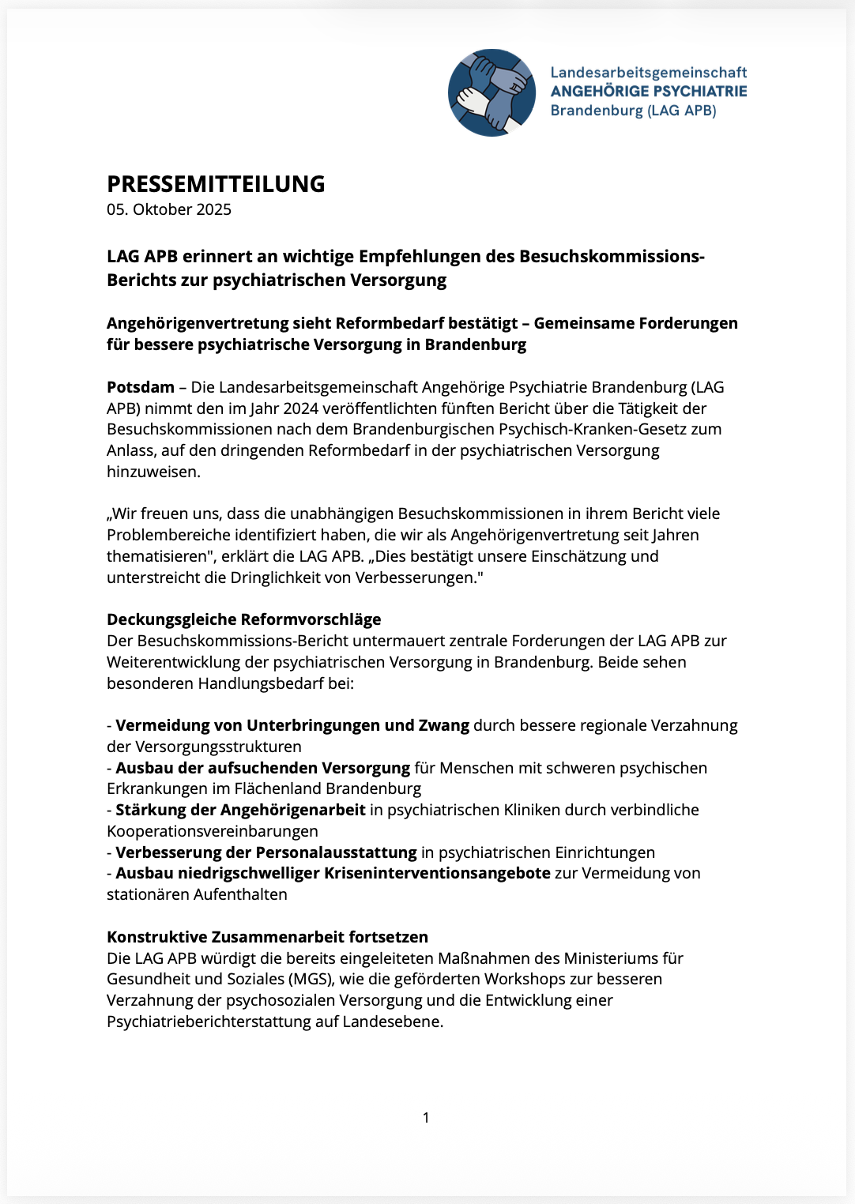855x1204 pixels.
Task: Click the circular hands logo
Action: [492, 92]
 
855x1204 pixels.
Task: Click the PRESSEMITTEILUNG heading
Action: [216, 184]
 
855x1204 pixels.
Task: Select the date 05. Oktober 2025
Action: [169, 209]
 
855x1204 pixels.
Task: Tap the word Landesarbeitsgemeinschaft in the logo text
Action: [648, 73]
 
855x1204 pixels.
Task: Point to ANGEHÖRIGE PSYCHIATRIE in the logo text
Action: [648, 92]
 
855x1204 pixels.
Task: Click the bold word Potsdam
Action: [141, 387]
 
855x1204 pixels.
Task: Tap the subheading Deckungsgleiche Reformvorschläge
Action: [243, 619]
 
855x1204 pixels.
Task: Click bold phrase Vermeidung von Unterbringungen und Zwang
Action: [292, 725]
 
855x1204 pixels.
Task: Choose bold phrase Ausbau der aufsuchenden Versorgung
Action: [262, 768]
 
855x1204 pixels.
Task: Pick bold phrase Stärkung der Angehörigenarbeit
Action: [240, 810]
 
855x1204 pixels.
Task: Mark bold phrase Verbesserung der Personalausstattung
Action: [266, 852]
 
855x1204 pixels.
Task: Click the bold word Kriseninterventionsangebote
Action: [437, 873]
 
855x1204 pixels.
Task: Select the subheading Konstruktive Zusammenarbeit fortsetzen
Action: [267, 937]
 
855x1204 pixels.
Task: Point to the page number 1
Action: [427, 1117]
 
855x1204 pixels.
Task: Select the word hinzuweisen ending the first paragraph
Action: [153, 472]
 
